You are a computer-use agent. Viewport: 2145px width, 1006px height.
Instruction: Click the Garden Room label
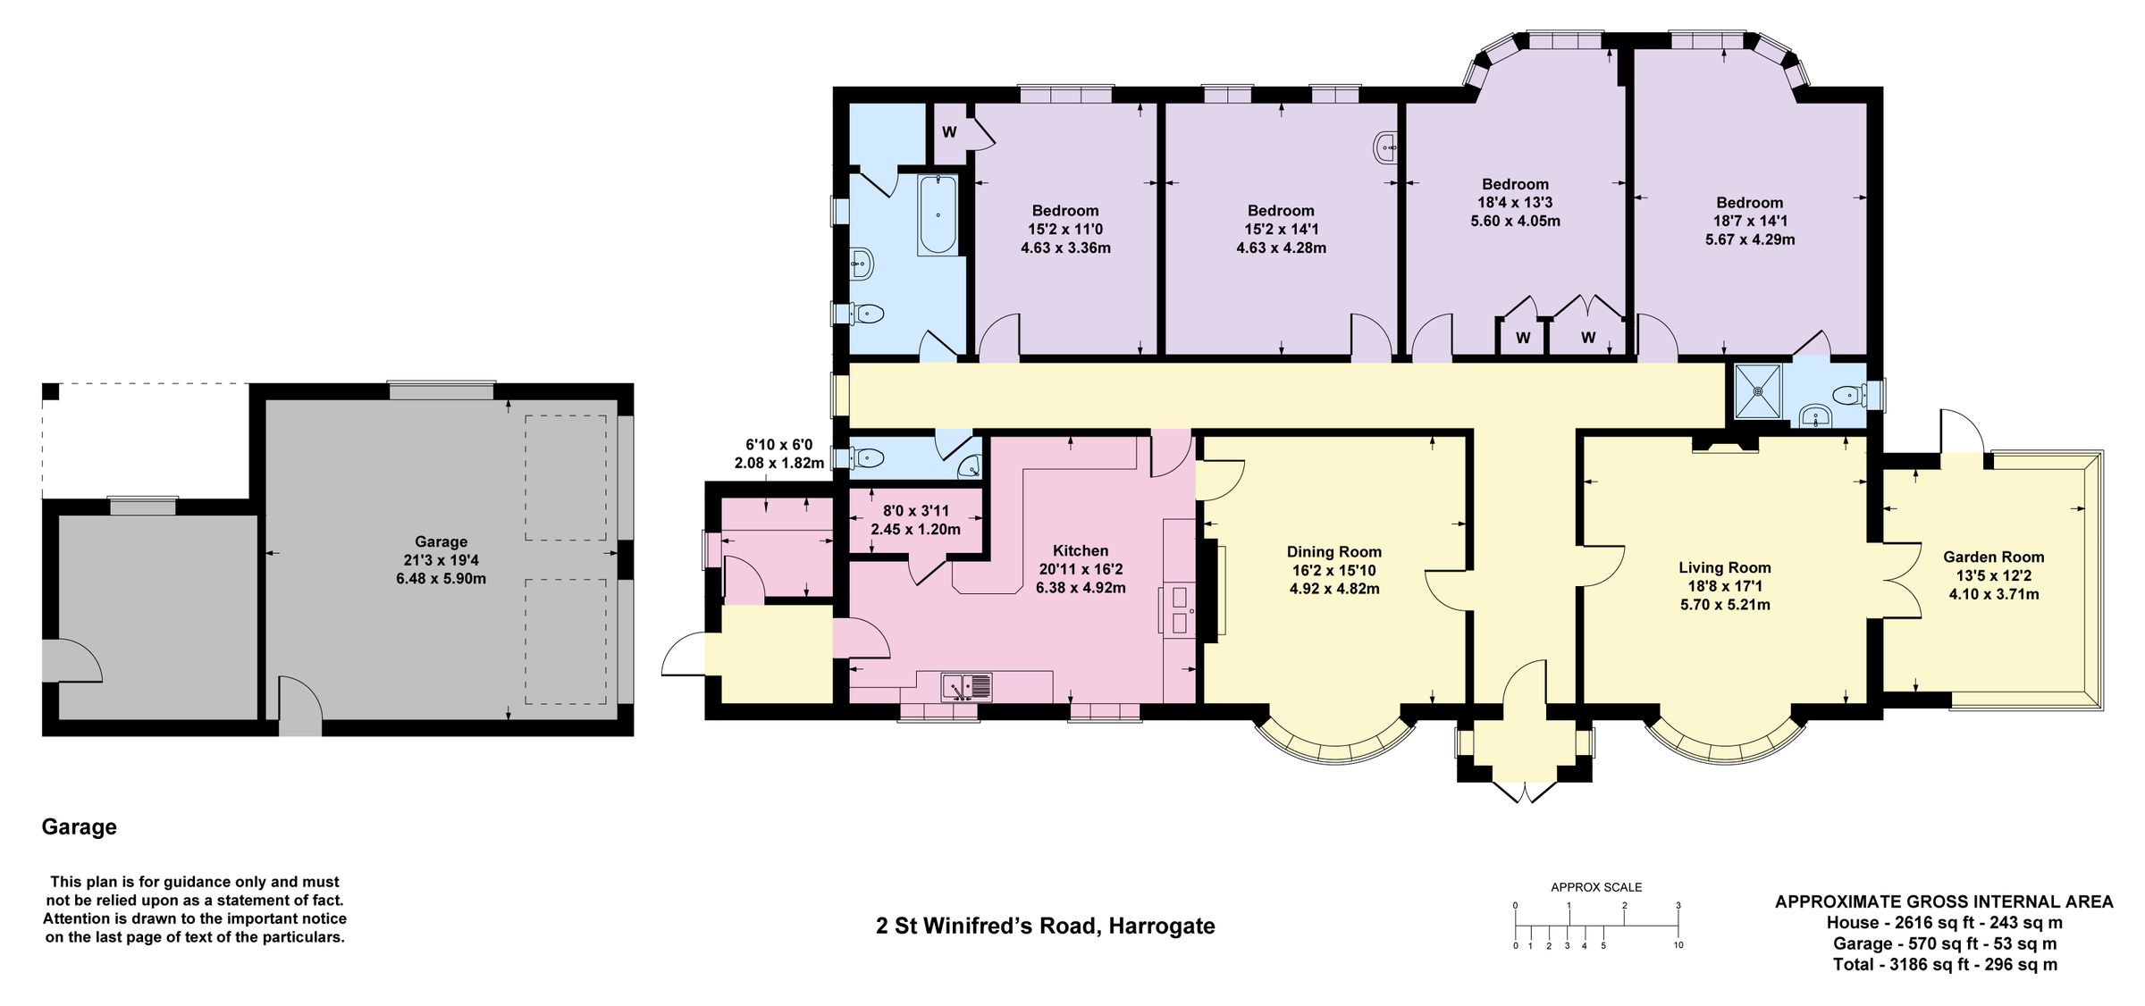click(1993, 557)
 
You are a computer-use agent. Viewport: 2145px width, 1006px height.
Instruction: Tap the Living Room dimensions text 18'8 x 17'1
click(1724, 586)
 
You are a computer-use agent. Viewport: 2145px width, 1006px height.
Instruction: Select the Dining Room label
click(1333, 552)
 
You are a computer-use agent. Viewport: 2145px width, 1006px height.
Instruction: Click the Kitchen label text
click(1080, 551)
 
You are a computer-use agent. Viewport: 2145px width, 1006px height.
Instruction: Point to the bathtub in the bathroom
click(938, 214)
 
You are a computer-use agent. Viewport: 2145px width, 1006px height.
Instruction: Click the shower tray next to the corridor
click(1757, 390)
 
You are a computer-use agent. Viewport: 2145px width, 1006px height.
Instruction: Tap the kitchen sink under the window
click(966, 687)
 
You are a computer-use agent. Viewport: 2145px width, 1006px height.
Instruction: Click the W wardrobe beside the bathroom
click(949, 132)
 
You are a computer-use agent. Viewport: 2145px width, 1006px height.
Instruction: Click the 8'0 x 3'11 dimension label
click(915, 511)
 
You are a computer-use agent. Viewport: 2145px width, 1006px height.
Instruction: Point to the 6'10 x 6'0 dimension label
click(779, 444)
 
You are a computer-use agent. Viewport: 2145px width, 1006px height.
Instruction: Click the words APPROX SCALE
click(1596, 887)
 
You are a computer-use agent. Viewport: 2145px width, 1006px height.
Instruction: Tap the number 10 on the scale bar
click(1678, 945)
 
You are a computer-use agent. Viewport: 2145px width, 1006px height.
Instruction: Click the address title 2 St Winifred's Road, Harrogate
click(1045, 926)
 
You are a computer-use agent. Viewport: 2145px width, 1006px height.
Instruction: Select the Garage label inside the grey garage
click(441, 541)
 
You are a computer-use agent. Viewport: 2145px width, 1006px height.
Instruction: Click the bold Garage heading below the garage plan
click(80, 827)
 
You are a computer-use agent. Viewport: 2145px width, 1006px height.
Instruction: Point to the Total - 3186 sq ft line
click(1945, 965)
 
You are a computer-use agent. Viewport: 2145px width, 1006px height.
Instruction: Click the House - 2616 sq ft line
click(1945, 923)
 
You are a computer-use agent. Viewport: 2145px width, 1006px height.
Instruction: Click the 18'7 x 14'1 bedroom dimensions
click(1749, 221)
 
